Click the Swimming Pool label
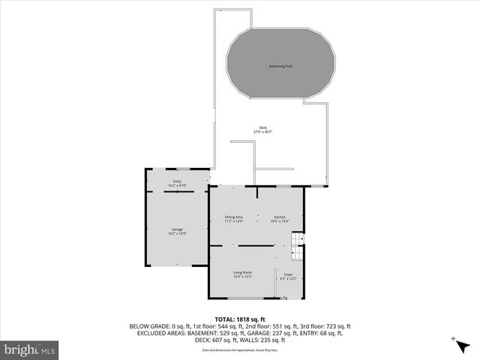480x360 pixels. click(280, 66)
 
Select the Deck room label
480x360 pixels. click(263, 127)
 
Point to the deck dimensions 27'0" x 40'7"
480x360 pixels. click(263, 132)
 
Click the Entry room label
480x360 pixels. click(177, 181)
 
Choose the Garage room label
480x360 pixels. click(177, 229)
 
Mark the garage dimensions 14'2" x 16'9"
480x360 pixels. click(177, 233)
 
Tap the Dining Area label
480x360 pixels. click(234, 217)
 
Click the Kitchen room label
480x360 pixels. click(280, 217)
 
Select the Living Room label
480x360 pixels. click(241, 272)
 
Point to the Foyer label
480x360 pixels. click(289, 274)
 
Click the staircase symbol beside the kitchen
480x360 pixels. click(296, 239)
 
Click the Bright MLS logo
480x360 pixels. click(30, 349)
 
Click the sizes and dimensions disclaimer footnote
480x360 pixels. click(240, 350)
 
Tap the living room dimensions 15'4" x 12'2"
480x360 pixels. click(241, 277)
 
